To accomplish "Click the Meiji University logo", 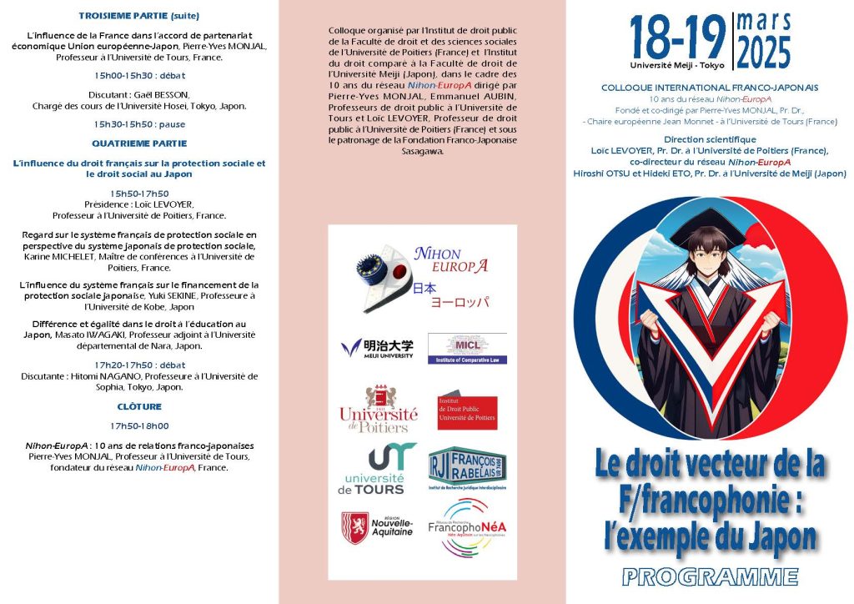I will (x=376, y=347).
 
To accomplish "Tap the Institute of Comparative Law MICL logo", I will (x=466, y=348).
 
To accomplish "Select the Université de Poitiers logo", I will (x=378, y=410).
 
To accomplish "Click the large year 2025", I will (x=763, y=53).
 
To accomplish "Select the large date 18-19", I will (x=677, y=38).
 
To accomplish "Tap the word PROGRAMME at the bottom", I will (x=711, y=576).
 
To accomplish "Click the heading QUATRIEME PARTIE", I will (x=139, y=143).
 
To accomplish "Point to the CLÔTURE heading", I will (x=139, y=407).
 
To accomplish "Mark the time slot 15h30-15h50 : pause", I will (x=139, y=124).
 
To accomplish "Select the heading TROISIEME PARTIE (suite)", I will (x=139, y=16).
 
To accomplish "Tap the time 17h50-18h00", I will (x=139, y=426).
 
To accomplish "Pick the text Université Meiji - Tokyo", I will (x=677, y=64).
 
